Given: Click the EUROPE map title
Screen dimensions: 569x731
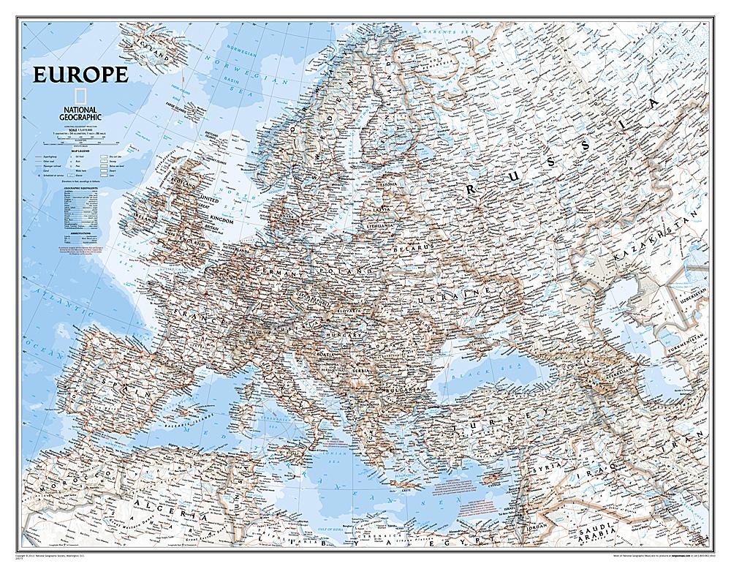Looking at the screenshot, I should (x=79, y=75).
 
